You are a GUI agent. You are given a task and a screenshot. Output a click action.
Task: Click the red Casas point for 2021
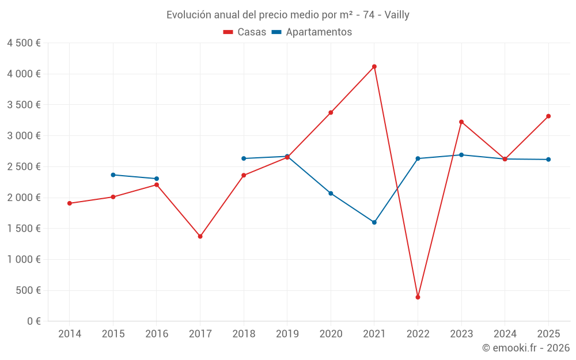tap(374, 67)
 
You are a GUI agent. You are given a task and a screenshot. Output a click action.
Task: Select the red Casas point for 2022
tap(418, 297)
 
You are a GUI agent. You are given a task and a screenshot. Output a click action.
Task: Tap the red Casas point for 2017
tap(200, 236)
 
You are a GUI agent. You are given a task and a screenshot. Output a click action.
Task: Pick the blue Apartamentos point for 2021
tap(374, 222)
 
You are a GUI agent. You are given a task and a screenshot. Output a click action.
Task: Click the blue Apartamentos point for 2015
tap(113, 175)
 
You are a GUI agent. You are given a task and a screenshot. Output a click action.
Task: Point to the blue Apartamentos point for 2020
tap(331, 194)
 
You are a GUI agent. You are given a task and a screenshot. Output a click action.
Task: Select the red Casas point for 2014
tap(70, 203)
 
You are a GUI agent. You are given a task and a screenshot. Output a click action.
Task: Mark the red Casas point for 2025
tap(548, 116)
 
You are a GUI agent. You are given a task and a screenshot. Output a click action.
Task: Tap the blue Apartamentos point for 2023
tap(461, 155)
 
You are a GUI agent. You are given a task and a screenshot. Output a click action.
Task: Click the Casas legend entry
tap(245, 32)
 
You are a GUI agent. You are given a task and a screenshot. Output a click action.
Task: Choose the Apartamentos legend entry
tap(312, 32)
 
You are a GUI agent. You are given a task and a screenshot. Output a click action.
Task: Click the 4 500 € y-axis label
tap(24, 43)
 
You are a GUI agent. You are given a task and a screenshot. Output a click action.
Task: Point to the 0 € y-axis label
tap(33, 321)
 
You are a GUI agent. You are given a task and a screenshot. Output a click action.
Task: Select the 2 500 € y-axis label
tap(24, 167)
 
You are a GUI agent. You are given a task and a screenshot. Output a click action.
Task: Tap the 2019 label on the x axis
tap(287, 334)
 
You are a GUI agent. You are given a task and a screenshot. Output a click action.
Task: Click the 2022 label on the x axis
tap(418, 334)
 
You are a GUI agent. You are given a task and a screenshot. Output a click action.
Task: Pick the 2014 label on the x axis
tap(70, 334)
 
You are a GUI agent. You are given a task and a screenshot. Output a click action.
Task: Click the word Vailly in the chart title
tap(397, 15)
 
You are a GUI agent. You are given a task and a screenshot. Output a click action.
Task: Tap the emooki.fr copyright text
tap(525, 348)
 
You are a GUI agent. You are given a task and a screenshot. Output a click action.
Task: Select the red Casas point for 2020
tap(331, 112)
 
